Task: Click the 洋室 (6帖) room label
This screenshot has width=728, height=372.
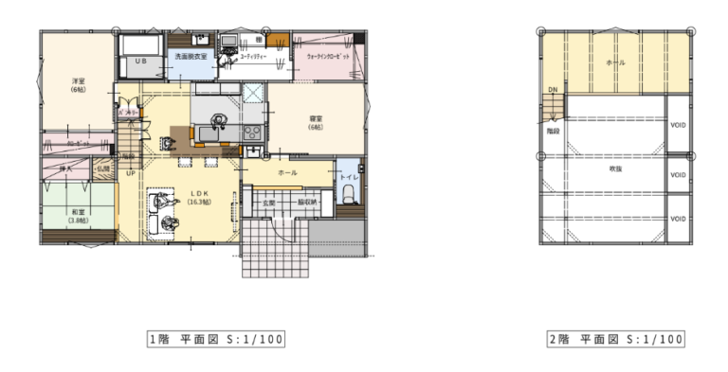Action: click(x=78, y=85)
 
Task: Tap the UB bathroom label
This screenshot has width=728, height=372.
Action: click(x=140, y=61)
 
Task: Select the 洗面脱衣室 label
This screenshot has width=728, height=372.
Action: click(x=191, y=57)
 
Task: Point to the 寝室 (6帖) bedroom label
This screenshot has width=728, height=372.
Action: click(x=316, y=122)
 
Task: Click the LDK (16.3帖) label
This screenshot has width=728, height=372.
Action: click(x=199, y=197)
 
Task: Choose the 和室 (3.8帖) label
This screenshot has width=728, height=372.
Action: click(x=78, y=216)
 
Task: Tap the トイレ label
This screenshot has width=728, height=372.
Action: click(x=348, y=177)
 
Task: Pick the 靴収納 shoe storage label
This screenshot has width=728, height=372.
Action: click(x=307, y=203)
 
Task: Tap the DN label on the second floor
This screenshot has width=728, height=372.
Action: click(x=552, y=90)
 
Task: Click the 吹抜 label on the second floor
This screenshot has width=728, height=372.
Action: click(x=614, y=168)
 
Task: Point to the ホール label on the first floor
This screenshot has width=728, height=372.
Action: click(x=287, y=173)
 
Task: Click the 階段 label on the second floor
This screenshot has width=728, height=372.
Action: click(x=553, y=132)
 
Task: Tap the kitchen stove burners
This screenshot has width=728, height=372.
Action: click(x=253, y=132)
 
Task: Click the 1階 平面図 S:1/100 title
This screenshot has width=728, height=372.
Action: click(x=215, y=338)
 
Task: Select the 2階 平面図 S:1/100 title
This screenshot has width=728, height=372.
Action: click(x=615, y=338)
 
